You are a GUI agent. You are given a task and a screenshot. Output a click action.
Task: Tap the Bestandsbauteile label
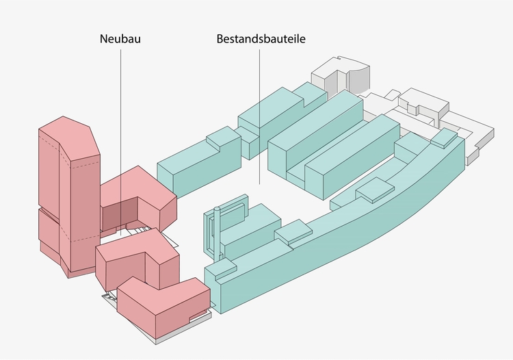[x=261, y=39]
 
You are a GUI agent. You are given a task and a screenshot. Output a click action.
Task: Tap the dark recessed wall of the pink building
[x=120, y=216]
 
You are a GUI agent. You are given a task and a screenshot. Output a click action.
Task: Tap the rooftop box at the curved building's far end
[x=444, y=138]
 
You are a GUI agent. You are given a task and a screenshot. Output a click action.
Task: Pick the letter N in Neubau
[x=103, y=39]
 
